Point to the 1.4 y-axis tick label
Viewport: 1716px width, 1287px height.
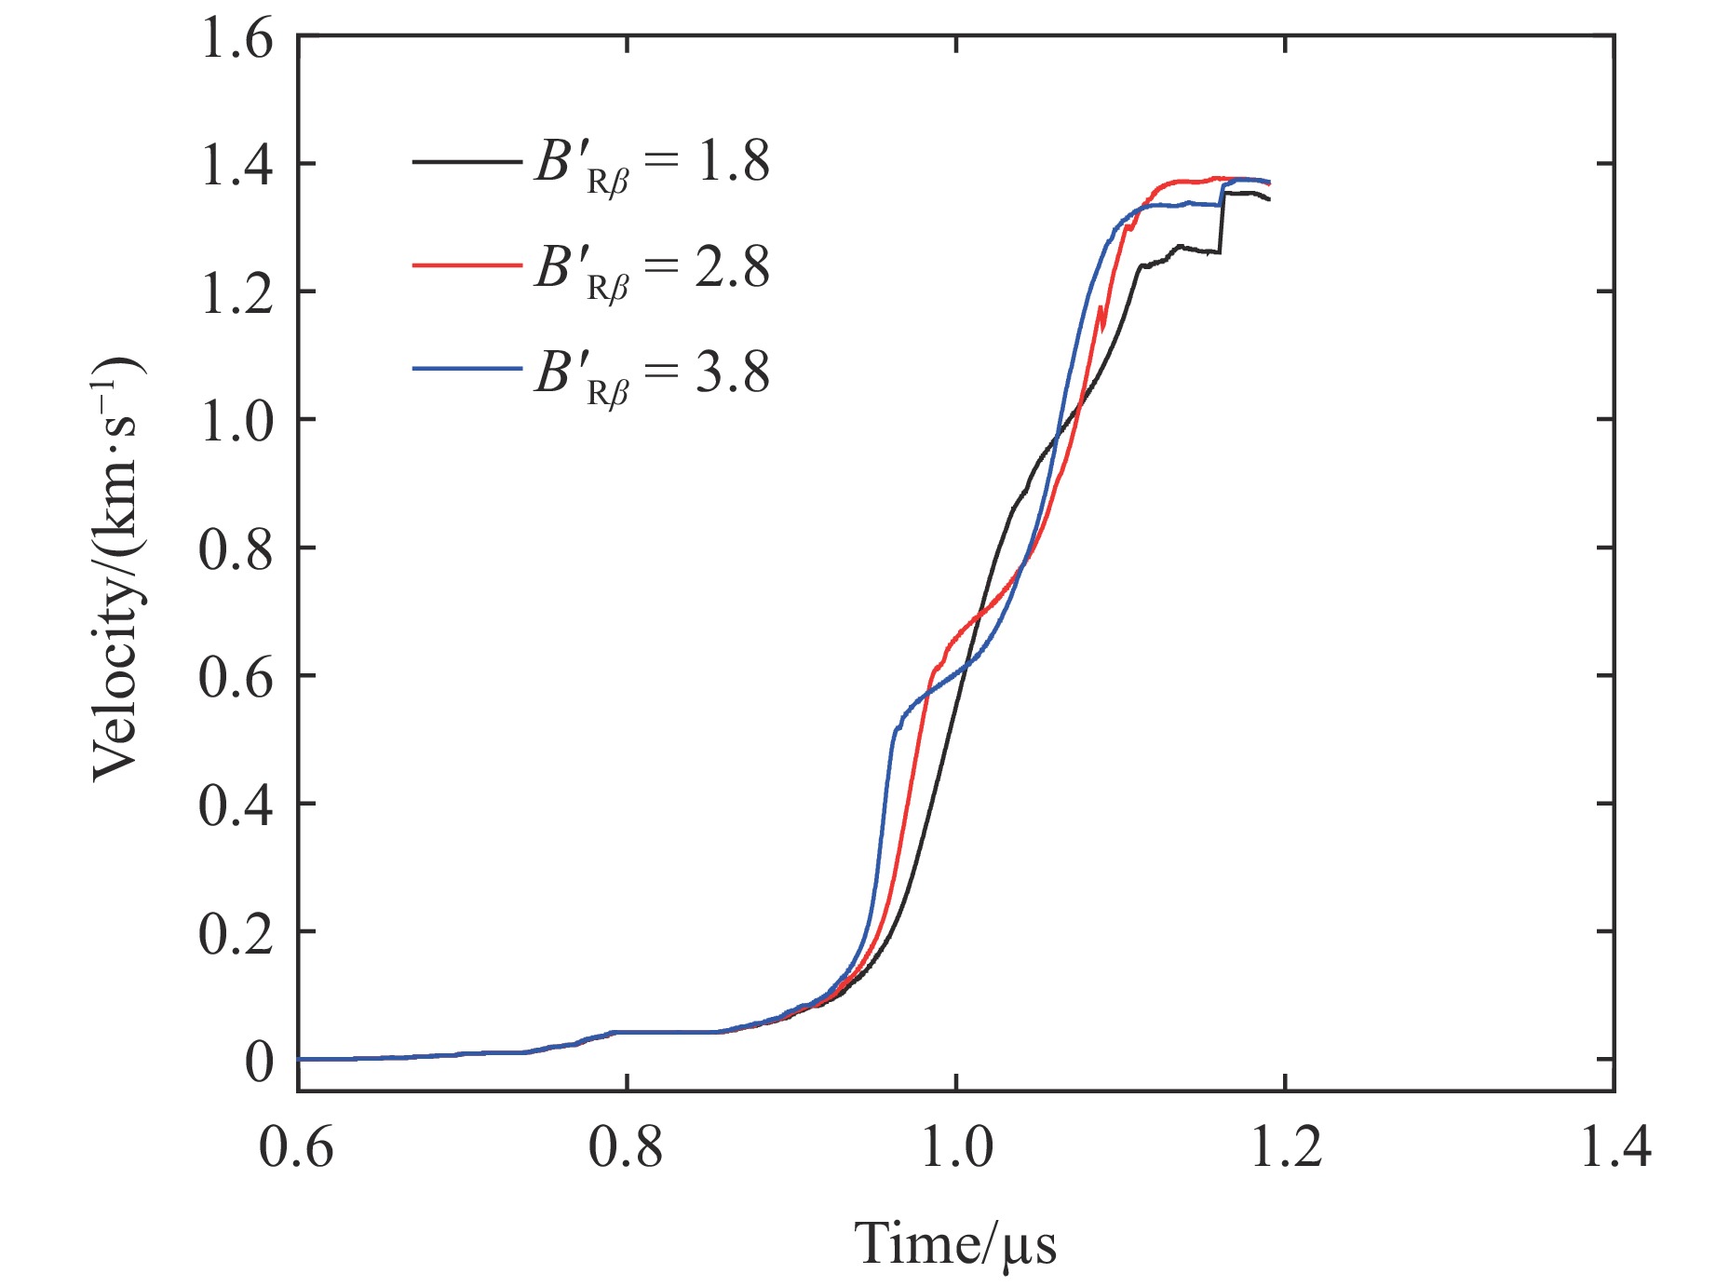click(236, 165)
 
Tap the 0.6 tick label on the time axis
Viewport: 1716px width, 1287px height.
click(296, 1145)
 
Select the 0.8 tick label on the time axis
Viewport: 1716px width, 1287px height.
click(626, 1145)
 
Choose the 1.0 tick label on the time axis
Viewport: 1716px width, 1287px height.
click(956, 1145)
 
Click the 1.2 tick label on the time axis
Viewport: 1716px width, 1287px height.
click(1285, 1145)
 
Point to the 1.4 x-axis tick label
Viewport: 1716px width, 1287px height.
click(1615, 1145)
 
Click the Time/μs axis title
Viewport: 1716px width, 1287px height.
click(956, 1242)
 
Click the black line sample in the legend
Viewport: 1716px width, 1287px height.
click(466, 161)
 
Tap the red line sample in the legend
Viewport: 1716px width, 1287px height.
click(466, 265)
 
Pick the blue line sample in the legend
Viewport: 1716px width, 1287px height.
click(466, 370)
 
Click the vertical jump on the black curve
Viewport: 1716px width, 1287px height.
click(1222, 224)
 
